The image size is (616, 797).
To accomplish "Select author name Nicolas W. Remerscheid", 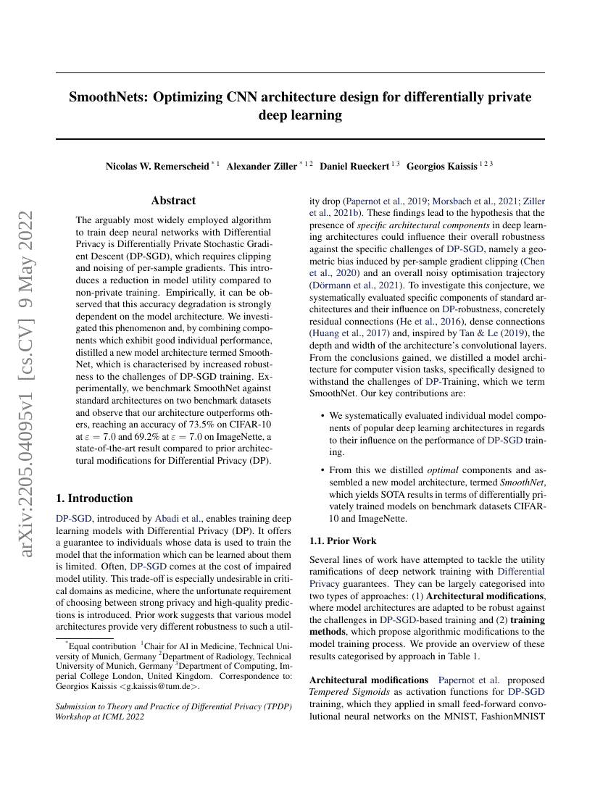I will point(157,166).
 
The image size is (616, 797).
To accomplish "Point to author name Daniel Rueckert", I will point(354,166).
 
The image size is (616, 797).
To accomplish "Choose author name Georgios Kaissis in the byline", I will point(441,166).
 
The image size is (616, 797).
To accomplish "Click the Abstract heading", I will point(173,201).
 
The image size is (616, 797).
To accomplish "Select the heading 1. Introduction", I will point(94,498).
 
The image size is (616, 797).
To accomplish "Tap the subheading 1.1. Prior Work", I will point(343,541).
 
